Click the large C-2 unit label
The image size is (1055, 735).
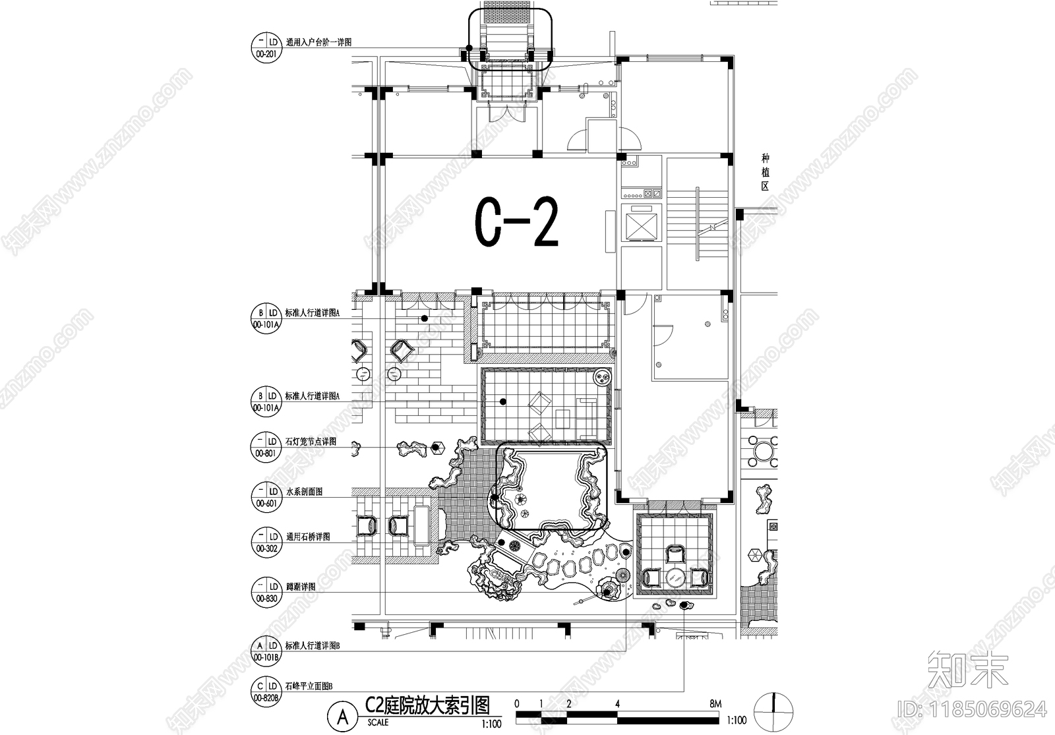click(x=516, y=224)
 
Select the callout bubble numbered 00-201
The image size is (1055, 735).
click(x=266, y=47)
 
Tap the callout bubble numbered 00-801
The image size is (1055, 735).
click(x=266, y=447)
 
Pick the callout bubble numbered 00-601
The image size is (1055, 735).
click(x=266, y=497)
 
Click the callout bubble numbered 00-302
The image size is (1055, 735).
click(x=266, y=542)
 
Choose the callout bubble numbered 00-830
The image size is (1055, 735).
click(x=266, y=592)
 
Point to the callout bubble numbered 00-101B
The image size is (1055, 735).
click(x=266, y=651)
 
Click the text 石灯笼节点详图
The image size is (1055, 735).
click(x=311, y=442)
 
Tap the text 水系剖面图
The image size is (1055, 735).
click(x=303, y=492)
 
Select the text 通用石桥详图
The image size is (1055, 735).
click(x=307, y=537)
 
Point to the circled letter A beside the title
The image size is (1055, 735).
click(x=343, y=717)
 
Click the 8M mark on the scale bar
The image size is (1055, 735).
click(x=715, y=704)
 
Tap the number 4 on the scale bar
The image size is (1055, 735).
click(x=617, y=704)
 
